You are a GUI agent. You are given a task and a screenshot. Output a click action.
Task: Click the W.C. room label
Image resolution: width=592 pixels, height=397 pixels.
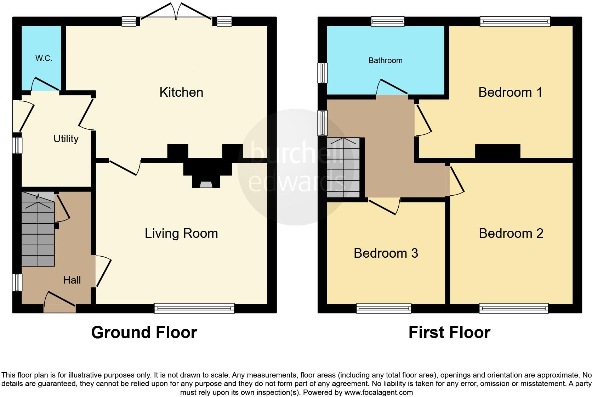click(44, 58)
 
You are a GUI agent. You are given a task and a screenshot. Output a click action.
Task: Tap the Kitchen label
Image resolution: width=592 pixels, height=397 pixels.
click(181, 93)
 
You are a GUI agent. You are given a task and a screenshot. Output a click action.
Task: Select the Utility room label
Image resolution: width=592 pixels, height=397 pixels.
click(66, 139)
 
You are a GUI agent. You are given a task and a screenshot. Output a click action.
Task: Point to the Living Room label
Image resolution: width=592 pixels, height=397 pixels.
click(181, 234)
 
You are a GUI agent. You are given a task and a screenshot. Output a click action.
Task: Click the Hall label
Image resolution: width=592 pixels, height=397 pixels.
click(72, 280)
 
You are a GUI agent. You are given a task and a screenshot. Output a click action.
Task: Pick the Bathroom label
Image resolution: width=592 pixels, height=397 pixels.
click(385, 61)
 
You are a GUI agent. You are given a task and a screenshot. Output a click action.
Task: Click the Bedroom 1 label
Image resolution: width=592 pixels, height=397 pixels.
click(510, 93)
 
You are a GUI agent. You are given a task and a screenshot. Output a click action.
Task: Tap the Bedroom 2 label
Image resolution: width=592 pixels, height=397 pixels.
click(511, 234)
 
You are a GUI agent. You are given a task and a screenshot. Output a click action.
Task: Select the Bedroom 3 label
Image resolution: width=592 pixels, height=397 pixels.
click(386, 253)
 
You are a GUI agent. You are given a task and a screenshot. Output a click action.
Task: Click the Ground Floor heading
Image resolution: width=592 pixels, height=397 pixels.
click(144, 332)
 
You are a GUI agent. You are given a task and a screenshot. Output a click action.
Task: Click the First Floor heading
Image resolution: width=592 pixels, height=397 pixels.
click(449, 332)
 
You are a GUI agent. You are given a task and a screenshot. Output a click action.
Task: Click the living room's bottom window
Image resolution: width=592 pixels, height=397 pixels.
click(194, 308)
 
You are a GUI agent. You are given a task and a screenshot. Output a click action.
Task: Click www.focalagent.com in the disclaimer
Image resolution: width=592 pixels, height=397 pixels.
click(378, 392)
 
